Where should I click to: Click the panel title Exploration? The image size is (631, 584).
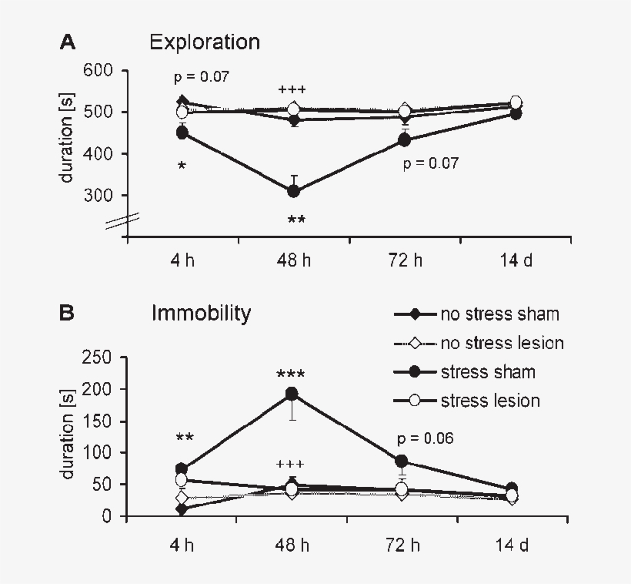pos(204,42)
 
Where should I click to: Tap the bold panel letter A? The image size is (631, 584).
pos(68,42)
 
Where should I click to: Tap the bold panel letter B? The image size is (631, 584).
pos(68,314)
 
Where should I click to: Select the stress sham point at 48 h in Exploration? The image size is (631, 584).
pos(293,191)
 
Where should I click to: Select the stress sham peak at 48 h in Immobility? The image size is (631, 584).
pos(292,394)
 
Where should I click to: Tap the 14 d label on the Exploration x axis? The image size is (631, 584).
pos(516,259)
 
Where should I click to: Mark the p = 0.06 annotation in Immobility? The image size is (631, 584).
pos(426,438)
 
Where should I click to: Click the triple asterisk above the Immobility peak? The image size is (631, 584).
pos(291,375)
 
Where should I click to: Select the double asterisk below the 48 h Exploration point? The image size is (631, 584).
pos(296,220)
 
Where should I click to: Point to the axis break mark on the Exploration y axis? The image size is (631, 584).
pos(122,223)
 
